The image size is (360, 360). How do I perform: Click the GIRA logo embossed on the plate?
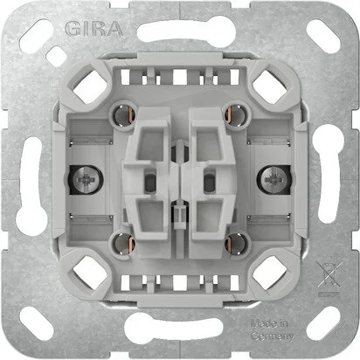[93, 29]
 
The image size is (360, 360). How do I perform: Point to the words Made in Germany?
[272, 329]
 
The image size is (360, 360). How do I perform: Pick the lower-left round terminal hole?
[122, 241]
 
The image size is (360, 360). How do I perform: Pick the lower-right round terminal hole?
[238, 241]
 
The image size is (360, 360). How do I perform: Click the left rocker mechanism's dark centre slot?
[149, 183]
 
